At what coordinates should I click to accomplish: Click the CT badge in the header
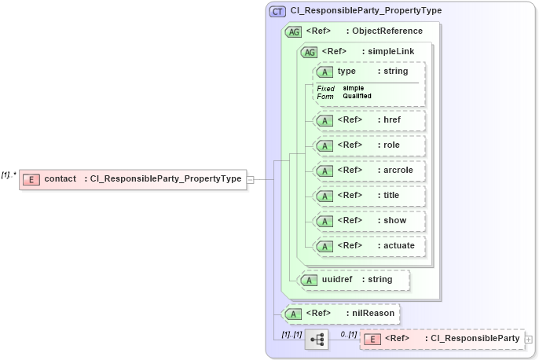click(x=277, y=11)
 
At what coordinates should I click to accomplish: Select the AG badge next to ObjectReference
click(x=293, y=31)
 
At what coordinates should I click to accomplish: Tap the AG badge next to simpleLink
click(x=310, y=52)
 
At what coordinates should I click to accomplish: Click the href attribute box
click(x=369, y=120)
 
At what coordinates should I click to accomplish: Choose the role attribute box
click(x=369, y=145)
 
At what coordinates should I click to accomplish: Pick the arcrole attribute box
click(x=369, y=171)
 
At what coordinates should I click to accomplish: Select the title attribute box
click(x=369, y=196)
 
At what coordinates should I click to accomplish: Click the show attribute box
click(x=369, y=221)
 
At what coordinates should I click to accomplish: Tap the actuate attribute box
click(x=369, y=246)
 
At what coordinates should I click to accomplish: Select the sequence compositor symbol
click(x=317, y=340)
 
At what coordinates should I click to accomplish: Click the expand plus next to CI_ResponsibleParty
click(x=528, y=340)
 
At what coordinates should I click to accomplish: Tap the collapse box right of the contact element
click(x=251, y=179)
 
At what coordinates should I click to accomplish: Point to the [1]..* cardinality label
click(x=9, y=174)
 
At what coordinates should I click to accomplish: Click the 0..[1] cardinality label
click(x=348, y=334)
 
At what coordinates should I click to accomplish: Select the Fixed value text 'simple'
click(x=353, y=88)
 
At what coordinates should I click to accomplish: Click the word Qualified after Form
click(x=357, y=96)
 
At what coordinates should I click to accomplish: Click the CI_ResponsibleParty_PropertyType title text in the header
click(x=365, y=11)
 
